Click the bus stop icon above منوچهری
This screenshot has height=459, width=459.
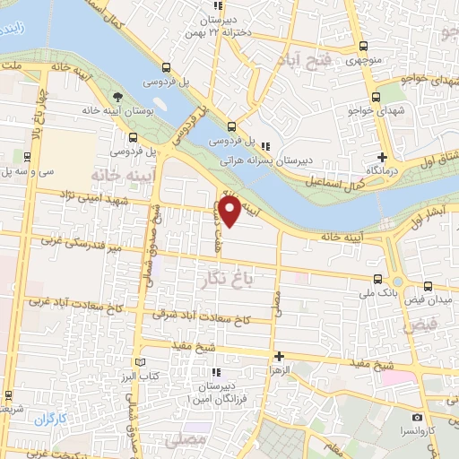point(362,48)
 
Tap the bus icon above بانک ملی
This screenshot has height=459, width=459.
point(378,278)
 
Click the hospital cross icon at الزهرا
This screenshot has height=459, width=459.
point(278,355)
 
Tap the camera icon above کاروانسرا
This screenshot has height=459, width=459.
point(418,418)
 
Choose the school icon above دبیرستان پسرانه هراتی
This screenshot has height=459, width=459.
point(264,145)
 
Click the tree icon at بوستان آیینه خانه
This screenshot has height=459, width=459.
point(117,96)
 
